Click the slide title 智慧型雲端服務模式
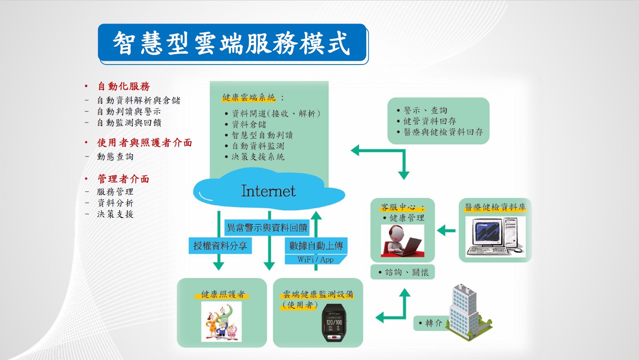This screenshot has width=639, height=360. click(232, 43)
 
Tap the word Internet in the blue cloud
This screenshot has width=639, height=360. click(269, 191)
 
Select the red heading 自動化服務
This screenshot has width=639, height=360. click(124, 86)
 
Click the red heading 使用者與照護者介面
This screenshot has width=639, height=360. click(144, 143)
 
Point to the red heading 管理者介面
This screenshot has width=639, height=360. click(123, 179)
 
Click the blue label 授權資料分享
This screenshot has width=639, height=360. click(220, 246)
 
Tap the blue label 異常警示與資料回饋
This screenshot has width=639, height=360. click(267, 227)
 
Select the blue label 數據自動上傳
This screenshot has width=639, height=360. click(316, 246)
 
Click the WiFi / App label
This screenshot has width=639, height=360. click(315, 259)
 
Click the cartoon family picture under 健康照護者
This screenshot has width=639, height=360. click(221, 322)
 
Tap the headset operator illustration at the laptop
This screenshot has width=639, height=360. click(403, 241)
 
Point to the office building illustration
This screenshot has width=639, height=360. click(468, 312)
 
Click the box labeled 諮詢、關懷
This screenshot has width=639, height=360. click(403, 272)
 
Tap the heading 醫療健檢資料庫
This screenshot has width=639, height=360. click(495, 207)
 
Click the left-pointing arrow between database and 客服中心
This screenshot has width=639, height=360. click(446, 230)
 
